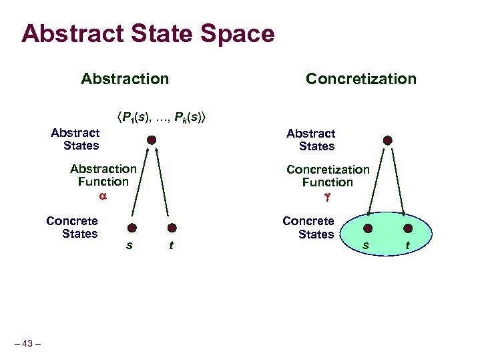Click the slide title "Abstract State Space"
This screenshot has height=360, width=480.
point(148,33)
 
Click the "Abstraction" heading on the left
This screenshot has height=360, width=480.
point(125,79)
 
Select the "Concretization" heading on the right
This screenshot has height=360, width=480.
point(361,79)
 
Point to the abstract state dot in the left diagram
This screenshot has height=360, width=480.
point(152,140)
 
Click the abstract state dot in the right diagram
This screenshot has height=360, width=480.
point(388,141)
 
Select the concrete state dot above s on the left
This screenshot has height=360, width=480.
point(132,227)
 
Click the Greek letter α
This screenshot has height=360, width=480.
point(103,196)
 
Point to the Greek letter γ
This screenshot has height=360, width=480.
point(327,197)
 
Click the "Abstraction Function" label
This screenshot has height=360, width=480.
point(103,175)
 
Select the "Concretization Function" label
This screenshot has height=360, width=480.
point(327,176)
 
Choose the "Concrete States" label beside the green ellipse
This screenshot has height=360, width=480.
point(308,228)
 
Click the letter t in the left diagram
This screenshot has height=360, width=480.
point(172,245)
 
